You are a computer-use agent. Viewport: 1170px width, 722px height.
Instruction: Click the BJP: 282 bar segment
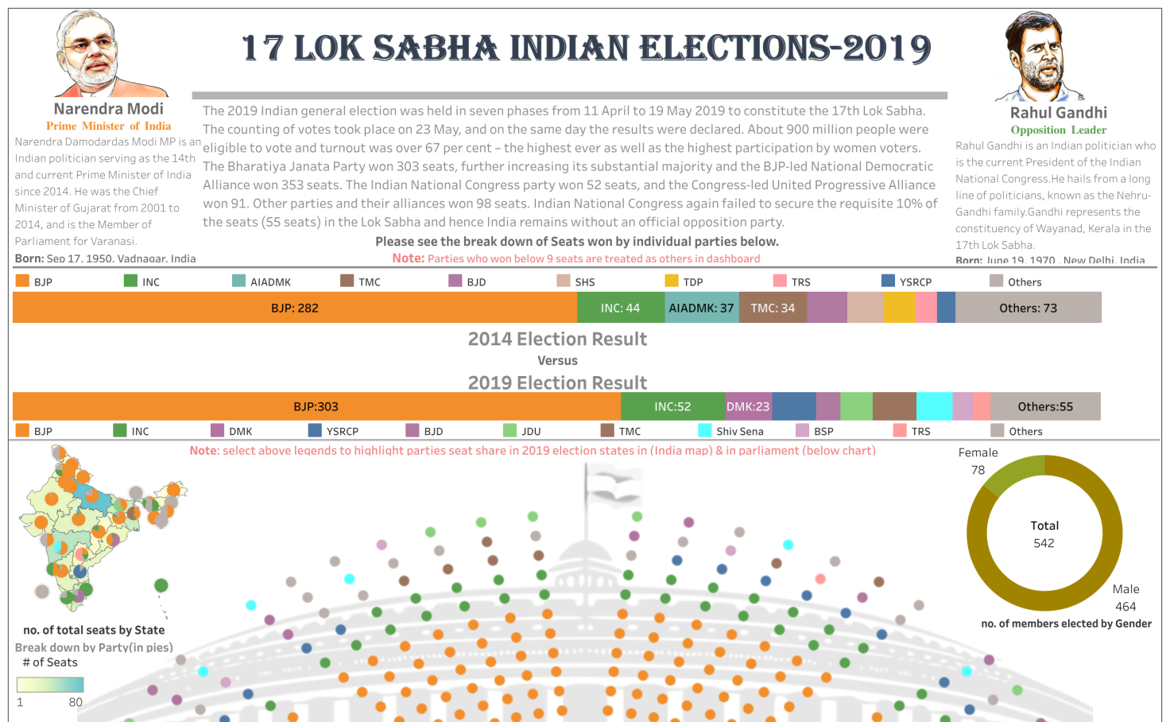pyautogui.click(x=294, y=308)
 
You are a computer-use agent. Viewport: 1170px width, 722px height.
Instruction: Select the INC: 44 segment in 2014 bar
pyautogui.click(x=620, y=308)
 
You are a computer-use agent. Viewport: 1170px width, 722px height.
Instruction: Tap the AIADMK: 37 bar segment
pyautogui.click(x=701, y=308)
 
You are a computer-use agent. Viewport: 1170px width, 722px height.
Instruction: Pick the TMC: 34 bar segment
pyautogui.click(x=773, y=308)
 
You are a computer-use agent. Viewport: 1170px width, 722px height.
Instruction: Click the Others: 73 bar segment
pyautogui.click(x=1028, y=308)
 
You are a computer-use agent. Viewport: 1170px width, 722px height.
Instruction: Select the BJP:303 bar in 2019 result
pyautogui.click(x=316, y=406)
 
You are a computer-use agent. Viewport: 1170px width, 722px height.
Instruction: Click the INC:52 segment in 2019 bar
pyautogui.click(x=672, y=406)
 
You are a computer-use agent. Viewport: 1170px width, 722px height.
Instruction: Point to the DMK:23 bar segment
pyautogui.click(x=748, y=406)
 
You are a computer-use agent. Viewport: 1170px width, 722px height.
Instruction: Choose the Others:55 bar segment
pyautogui.click(x=1045, y=406)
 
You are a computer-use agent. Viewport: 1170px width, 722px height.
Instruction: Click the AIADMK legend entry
pyautogui.click(x=262, y=281)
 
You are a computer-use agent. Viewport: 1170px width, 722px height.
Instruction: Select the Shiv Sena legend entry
pyautogui.click(x=730, y=431)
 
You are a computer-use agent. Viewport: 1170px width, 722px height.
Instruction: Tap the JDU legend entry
pyautogui.click(x=522, y=431)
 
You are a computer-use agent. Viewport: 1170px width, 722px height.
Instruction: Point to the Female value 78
pyautogui.click(x=978, y=470)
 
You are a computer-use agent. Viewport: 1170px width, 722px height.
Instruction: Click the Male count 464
pyautogui.click(x=1125, y=607)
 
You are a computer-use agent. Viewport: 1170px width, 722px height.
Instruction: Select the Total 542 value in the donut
pyautogui.click(x=1044, y=543)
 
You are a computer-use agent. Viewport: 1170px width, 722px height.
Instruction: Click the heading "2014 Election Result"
pyautogui.click(x=557, y=340)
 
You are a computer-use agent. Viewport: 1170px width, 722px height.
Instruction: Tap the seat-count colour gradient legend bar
pyautogui.click(x=50, y=685)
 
